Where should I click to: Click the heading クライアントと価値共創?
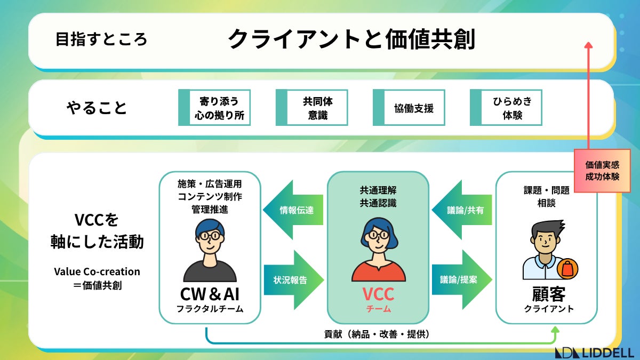coord(351,39)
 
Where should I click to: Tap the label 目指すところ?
coord(101,39)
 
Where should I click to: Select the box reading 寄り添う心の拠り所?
coord(214,107)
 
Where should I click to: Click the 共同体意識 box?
coord(311,107)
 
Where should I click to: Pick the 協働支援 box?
coord(409,107)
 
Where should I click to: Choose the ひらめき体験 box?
coord(506,107)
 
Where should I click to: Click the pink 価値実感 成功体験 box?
coord(602,171)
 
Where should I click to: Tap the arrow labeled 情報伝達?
coord(293,210)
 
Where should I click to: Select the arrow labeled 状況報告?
coord(294,280)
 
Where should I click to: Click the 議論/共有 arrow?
coord(462,210)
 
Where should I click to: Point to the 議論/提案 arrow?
coord(462,279)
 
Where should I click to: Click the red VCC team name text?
coord(378,294)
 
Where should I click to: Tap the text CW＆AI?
coord(210,294)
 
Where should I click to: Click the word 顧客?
coord(549,294)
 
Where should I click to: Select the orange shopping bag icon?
coord(567,269)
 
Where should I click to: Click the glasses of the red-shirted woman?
coord(379,235)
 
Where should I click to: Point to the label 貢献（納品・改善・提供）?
coord(377,334)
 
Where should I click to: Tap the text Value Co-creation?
coord(97,271)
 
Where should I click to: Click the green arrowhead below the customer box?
coord(555,330)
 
